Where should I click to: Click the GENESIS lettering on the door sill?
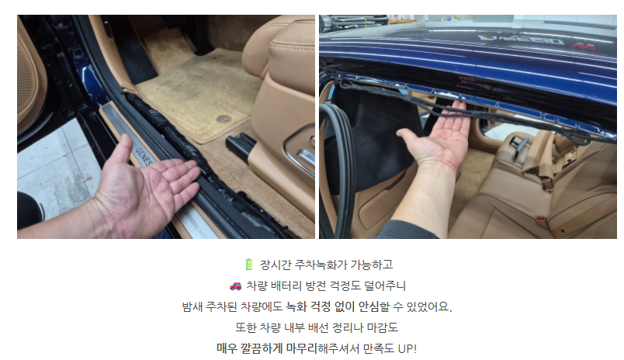144,155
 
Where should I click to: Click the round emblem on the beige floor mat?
224,119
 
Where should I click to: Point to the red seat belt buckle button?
540,217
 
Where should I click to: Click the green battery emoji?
249,264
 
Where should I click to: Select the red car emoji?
236,286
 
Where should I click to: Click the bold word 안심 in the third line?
369,306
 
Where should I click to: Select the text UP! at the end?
407,348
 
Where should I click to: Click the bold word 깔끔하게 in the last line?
261,348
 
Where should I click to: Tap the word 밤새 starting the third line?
192,306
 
